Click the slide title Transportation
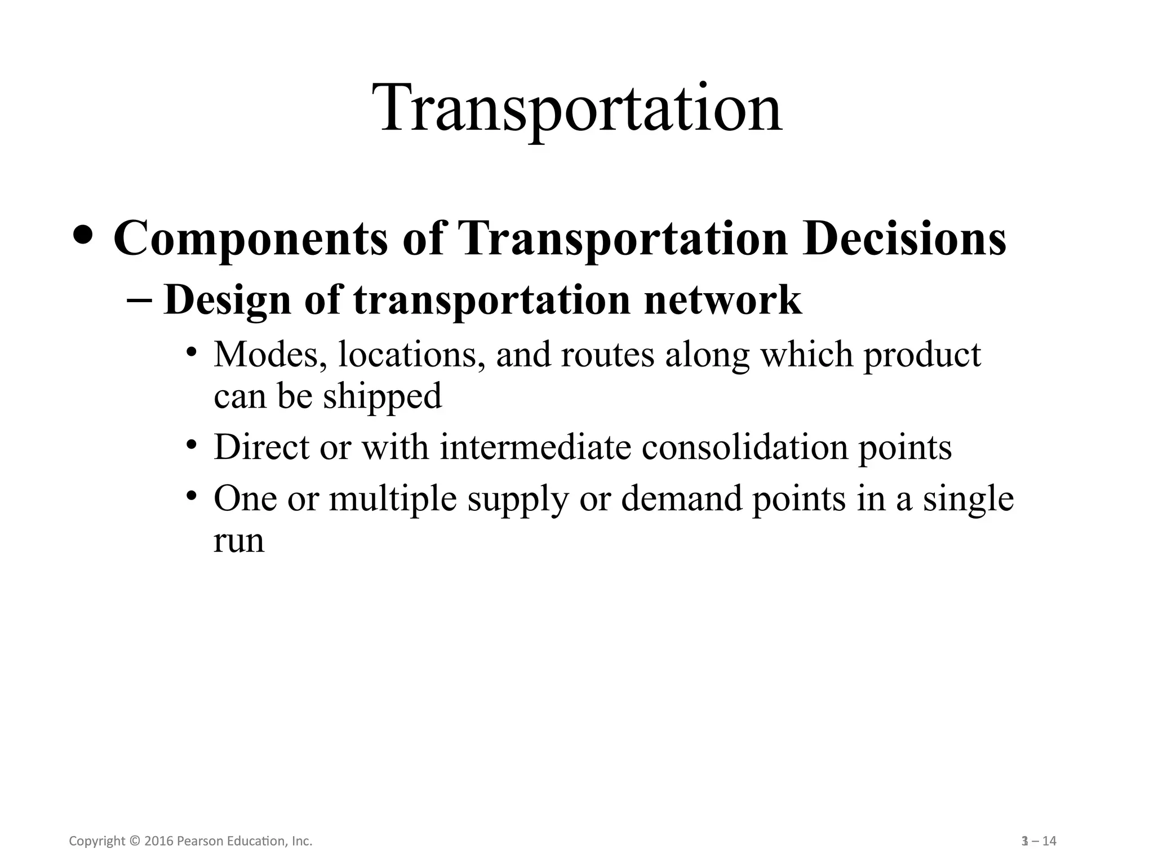coord(581,108)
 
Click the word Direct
coord(262,448)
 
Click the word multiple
coord(392,500)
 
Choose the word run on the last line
coord(238,541)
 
